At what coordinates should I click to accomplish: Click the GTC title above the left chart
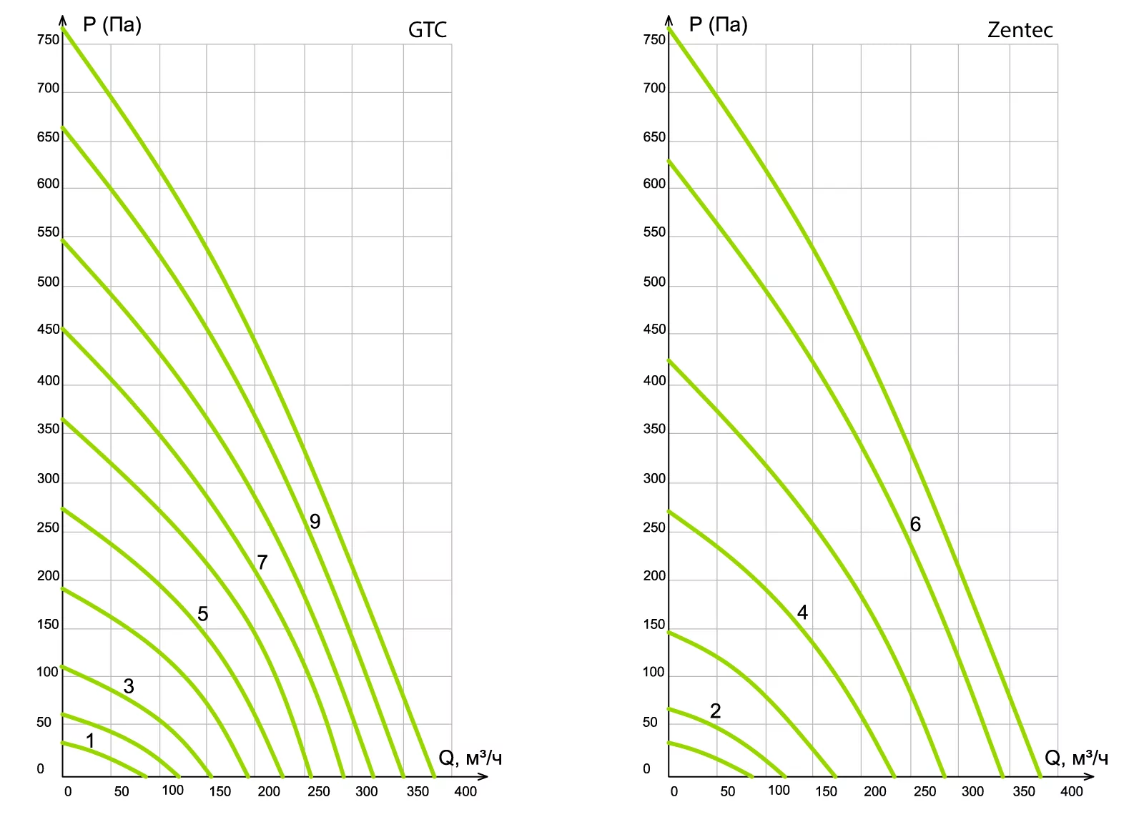point(427,30)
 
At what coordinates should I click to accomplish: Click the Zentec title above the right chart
point(1020,30)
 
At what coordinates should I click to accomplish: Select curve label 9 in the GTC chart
point(315,522)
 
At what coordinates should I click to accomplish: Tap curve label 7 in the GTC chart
point(262,563)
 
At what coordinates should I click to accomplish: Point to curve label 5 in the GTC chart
point(203,614)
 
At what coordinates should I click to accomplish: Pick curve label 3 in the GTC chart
point(129,687)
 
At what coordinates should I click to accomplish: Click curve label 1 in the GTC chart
point(90,741)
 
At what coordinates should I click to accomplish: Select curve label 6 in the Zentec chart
point(915,525)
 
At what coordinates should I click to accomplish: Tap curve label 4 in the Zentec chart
point(802,613)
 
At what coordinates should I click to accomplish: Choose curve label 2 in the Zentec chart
point(715,711)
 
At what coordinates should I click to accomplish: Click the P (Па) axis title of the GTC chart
point(112,25)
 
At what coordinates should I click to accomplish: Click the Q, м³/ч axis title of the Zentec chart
point(1077,758)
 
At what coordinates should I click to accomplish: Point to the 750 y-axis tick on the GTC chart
point(49,40)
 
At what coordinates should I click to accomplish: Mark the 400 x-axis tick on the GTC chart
point(465,791)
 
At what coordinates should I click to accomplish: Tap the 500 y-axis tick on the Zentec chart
point(654,282)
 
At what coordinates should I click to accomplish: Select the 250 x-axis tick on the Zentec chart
point(924,791)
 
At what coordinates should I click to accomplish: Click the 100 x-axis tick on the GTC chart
point(172,790)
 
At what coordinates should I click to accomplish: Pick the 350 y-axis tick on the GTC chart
point(49,430)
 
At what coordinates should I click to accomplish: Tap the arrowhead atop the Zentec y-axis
point(669,16)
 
